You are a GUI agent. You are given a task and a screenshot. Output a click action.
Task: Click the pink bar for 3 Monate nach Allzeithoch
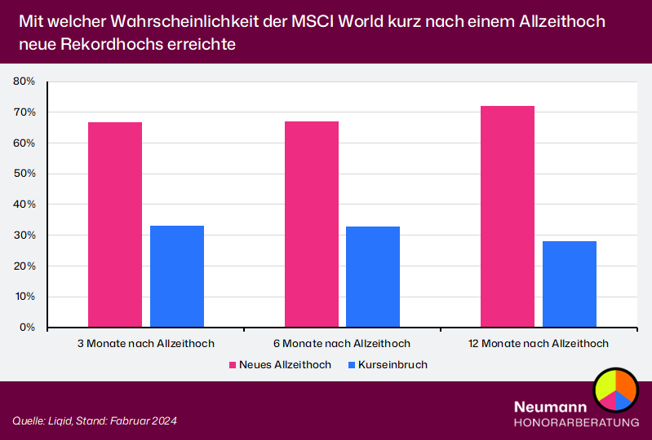[x=115, y=225]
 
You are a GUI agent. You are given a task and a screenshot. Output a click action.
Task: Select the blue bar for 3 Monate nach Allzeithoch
[x=177, y=276]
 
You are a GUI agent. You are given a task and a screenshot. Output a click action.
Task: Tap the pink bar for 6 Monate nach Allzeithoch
[x=312, y=224]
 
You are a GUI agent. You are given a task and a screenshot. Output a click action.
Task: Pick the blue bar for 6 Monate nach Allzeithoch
[x=373, y=277]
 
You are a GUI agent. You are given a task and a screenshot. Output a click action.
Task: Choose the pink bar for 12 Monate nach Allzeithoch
[x=508, y=217]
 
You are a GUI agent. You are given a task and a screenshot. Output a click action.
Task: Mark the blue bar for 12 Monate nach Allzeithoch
[x=570, y=284]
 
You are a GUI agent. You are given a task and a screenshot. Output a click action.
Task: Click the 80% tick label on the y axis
[x=24, y=81]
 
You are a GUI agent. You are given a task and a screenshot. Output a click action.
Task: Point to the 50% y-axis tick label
[x=24, y=174]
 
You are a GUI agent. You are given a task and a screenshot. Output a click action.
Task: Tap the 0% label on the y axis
[x=27, y=328]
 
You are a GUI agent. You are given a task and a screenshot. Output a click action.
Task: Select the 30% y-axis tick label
[x=24, y=235]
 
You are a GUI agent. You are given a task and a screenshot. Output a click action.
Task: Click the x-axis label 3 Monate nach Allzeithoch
[x=145, y=344]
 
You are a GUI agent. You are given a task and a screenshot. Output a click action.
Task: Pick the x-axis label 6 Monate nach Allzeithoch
[x=342, y=344]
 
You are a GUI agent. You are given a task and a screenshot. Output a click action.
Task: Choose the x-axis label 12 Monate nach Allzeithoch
[x=539, y=344]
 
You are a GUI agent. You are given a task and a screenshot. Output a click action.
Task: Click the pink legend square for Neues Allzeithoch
[x=233, y=365]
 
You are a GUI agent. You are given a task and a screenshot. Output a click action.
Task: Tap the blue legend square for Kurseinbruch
[x=352, y=365]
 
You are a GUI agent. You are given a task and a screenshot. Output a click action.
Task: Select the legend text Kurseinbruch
[x=393, y=365]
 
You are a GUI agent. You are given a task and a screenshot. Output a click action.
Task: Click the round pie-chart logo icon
[x=614, y=389]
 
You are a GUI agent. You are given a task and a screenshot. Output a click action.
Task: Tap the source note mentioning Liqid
[x=95, y=420]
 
